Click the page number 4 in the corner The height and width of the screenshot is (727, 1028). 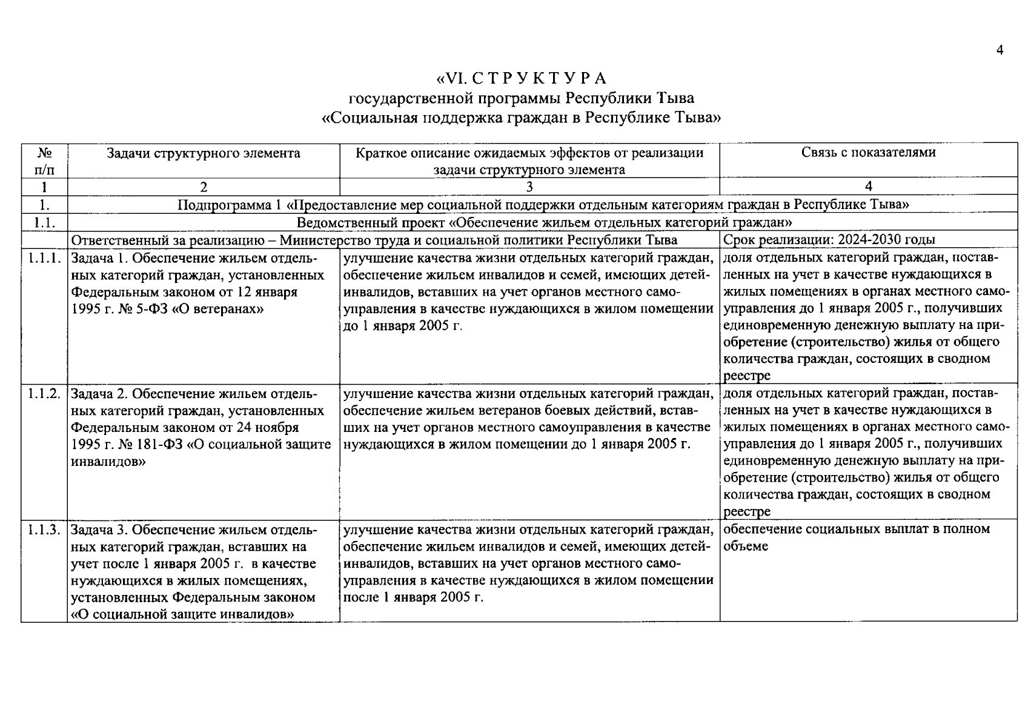tap(1000, 50)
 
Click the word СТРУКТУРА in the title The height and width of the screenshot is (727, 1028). tap(539, 79)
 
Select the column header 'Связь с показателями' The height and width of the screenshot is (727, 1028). tap(868, 153)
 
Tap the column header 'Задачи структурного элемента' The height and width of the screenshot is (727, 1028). tap(204, 153)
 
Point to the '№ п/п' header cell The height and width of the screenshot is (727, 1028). tap(44, 161)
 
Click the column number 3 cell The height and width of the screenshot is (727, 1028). tap(529, 187)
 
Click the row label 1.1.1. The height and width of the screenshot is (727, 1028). tap(44, 259)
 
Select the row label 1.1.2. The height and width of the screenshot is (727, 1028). tap(44, 394)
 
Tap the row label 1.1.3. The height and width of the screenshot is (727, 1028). tap(44, 529)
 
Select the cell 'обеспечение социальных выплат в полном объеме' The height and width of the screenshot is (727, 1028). tap(856, 537)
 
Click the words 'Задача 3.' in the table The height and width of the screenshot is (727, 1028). tap(99, 530)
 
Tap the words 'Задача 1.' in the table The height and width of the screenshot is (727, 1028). tap(99, 259)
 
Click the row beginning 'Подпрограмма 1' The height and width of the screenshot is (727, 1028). tap(543, 205)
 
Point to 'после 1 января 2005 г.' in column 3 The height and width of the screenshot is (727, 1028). tap(413, 597)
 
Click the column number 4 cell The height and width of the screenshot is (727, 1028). tap(868, 187)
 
